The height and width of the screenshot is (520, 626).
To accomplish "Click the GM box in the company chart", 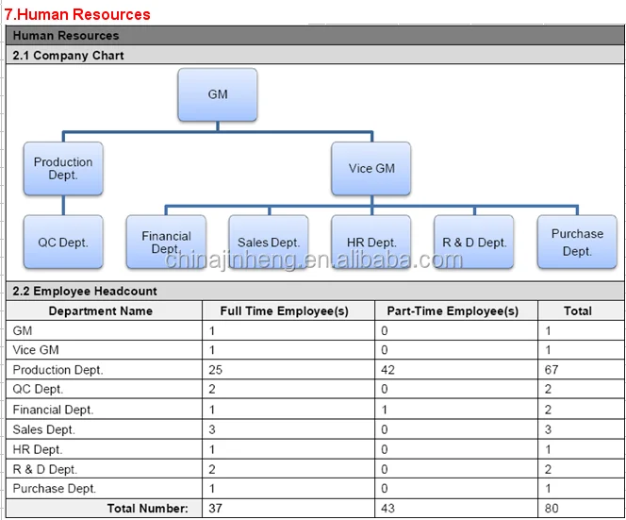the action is click(x=218, y=94).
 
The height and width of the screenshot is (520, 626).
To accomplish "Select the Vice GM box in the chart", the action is click(x=371, y=168).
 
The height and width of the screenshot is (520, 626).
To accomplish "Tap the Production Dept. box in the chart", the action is click(x=63, y=168).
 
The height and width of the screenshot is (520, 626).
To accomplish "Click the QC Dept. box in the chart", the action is click(x=63, y=242).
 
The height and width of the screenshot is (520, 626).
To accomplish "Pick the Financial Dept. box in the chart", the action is click(x=166, y=242).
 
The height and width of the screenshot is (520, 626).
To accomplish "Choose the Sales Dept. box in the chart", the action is click(x=269, y=242).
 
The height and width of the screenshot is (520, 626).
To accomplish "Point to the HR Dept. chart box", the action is click(x=371, y=242).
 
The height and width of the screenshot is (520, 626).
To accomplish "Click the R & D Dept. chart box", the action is click(x=474, y=242).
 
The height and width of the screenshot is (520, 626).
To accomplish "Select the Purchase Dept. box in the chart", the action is click(x=577, y=242).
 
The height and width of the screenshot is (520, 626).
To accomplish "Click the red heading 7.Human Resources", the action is click(x=77, y=14).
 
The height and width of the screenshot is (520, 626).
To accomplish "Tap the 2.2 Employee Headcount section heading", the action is click(x=85, y=291).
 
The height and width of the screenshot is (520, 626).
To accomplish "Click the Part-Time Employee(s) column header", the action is click(x=453, y=310).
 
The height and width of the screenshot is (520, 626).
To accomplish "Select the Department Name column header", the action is click(x=101, y=310).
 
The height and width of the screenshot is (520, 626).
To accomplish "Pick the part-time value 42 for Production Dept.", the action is click(x=387, y=370).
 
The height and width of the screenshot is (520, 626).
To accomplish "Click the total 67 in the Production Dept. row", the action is click(x=552, y=370).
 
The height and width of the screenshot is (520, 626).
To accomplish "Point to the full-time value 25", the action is click(x=215, y=370).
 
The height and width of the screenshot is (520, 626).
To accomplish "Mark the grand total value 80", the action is click(x=552, y=509).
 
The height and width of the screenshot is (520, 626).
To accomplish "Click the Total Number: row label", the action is click(x=147, y=509).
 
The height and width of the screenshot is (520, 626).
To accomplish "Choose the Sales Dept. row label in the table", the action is click(x=44, y=429).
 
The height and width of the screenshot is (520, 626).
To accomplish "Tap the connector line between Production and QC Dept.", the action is click(x=63, y=205).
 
